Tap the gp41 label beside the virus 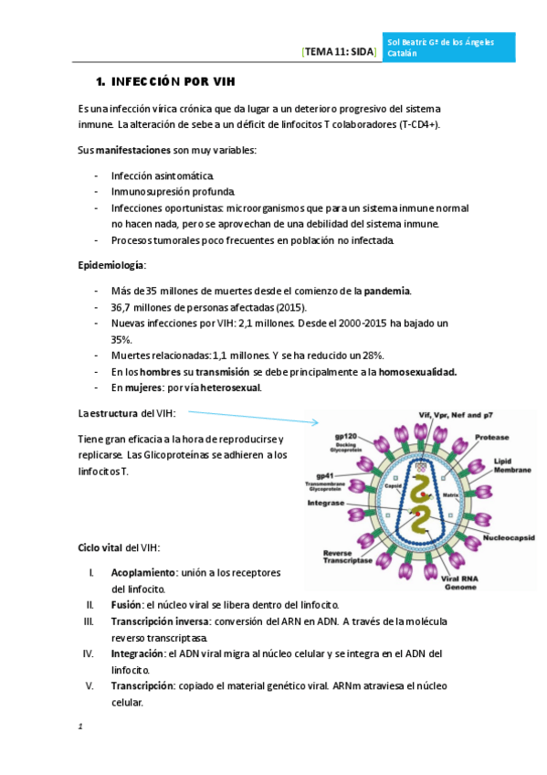pyautogui.click(x=323, y=476)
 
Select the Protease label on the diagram pyautogui.click(x=491, y=438)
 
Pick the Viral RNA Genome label pyautogui.click(x=459, y=583)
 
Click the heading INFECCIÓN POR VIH pyautogui.click(x=172, y=80)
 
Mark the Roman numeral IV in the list pyautogui.click(x=89, y=653)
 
